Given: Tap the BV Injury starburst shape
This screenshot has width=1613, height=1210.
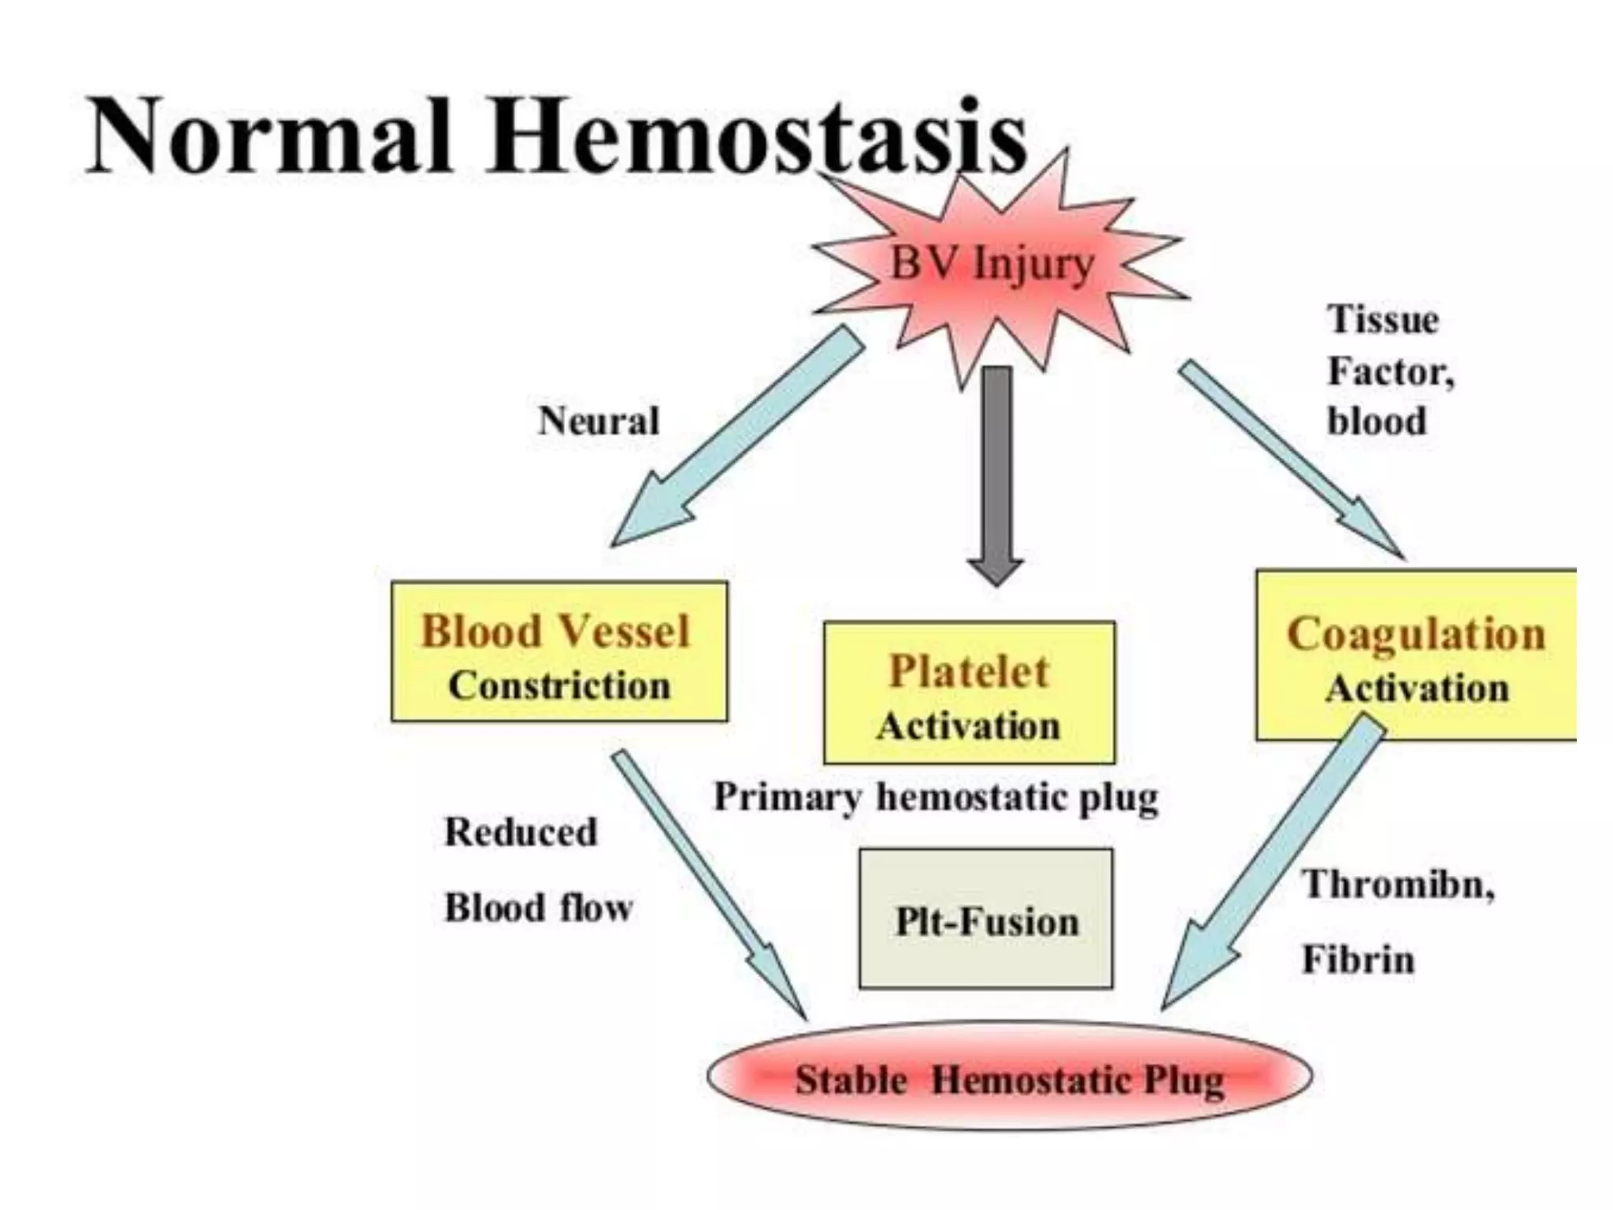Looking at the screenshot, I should tap(992, 264).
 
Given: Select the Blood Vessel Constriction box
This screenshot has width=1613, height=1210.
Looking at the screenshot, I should tap(558, 652).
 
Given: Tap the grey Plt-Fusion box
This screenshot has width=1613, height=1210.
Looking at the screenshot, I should tap(986, 919).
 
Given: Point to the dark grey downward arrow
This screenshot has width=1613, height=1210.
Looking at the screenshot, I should tap(997, 473).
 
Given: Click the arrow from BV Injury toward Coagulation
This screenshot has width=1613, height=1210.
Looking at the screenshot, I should tap(1292, 461).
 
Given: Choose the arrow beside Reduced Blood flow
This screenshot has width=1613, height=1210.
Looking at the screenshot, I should tap(709, 882).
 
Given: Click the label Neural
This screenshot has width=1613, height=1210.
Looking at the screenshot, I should tap(598, 421).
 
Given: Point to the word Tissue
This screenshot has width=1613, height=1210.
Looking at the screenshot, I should tap(1382, 320).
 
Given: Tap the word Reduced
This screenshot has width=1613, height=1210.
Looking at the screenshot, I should tap(521, 832).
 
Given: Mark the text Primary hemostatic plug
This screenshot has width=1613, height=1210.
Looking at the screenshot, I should tap(936, 797).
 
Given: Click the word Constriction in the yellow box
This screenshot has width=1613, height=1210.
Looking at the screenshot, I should tap(558, 685).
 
